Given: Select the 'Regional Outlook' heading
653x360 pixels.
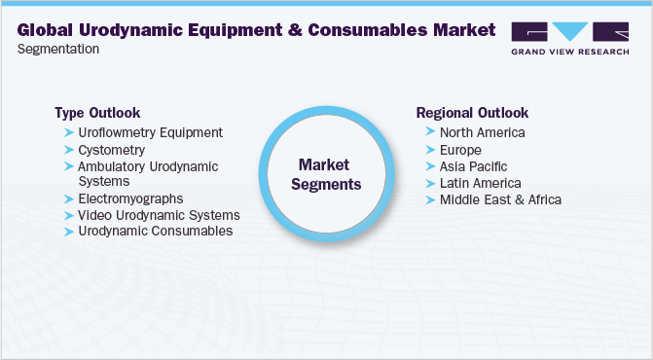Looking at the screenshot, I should click(x=471, y=112).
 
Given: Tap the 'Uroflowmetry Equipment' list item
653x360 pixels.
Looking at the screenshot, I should click(x=150, y=132).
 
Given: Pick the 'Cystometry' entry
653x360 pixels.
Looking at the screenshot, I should click(x=112, y=150).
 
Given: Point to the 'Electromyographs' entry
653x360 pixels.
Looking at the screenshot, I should click(x=130, y=198).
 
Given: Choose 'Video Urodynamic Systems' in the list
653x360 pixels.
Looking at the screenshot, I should click(x=159, y=214).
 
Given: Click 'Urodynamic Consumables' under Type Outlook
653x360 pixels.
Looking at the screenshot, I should click(x=156, y=231).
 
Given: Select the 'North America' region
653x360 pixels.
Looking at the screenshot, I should click(x=483, y=132).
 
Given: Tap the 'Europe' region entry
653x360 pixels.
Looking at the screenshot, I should click(x=460, y=150).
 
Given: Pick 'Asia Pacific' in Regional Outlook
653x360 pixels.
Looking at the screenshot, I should click(x=473, y=166).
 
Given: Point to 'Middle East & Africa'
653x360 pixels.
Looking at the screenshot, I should click(x=500, y=199).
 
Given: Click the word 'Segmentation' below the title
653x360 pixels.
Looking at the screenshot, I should click(x=57, y=49).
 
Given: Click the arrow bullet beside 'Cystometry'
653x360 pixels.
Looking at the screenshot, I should click(x=68, y=150).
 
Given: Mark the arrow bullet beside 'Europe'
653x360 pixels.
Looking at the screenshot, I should click(x=429, y=150).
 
